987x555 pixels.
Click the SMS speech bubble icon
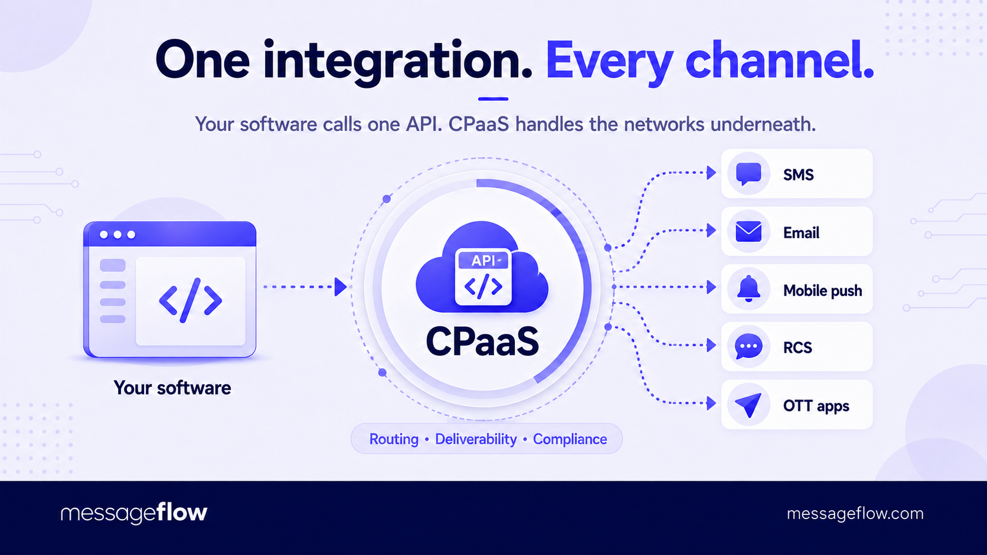coord(749,174)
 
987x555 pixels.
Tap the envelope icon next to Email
coord(749,232)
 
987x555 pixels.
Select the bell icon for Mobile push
coord(749,289)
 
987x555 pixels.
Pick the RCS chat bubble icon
coord(749,346)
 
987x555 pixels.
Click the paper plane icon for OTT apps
coord(749,405)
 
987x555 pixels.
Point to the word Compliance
coord(570,439)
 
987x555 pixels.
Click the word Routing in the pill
coord(394,439)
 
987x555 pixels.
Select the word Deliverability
coord(475,439)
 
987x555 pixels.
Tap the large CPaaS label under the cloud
coord(482,341)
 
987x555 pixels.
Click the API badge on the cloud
coord(483,261)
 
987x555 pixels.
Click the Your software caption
coord(172,387)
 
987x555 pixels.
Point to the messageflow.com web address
coord(855,514)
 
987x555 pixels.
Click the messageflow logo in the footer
coord(133,513)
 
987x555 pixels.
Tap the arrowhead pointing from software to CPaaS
coord(340,287)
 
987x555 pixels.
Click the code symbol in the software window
coord(190,301)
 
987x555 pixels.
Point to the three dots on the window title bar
coord(117,235)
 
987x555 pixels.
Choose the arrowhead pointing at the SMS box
coord(711,173)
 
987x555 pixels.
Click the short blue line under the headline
coord(493,99)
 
